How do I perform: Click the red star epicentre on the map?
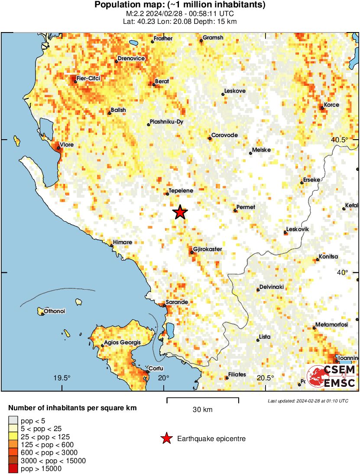(x=180, y=212)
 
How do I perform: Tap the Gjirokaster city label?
(x=208, y=249)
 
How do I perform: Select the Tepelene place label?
(x=181, y=190)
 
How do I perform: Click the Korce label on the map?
(x=332, y=105)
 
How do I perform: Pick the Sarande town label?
(x=177, y=302)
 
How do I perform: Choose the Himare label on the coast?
(x=123, y=242)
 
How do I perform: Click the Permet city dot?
(x=235, y=210)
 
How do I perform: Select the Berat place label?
(x=162, y=81)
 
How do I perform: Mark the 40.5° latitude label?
(x=339, y=140)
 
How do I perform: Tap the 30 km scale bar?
(x=202, y=400)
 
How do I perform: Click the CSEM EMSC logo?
(x=331, y=376)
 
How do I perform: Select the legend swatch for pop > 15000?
(x=13, y=468)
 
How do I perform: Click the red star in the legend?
(x=166, y=439)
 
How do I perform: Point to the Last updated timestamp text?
(x=308, y=401)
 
